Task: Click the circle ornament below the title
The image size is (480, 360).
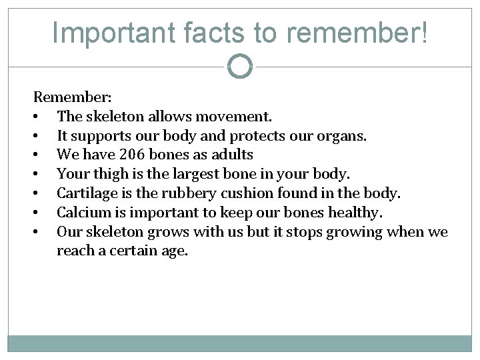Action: (x=240, y=67)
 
